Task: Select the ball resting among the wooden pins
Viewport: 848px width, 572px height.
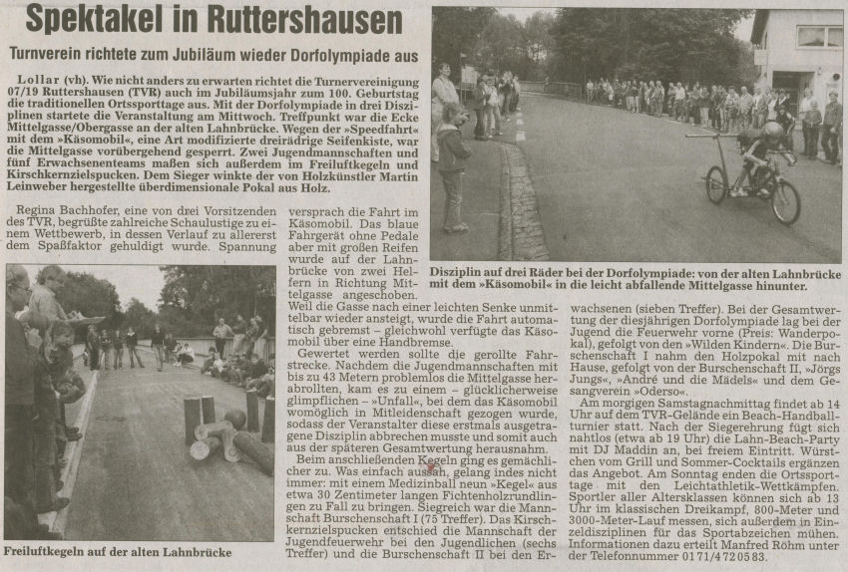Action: [234, 418]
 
